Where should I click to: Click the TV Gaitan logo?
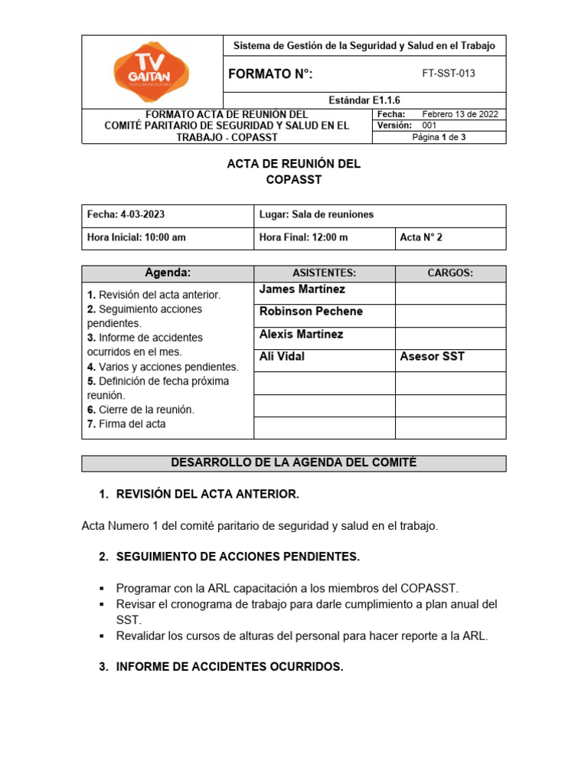point(152,73)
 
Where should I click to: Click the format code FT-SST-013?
point(453,73)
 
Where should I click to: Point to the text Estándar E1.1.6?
point(364,100)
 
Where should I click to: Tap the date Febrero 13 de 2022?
point(460,114)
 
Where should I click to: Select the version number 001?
point(430,125)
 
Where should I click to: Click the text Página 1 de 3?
point(439,137)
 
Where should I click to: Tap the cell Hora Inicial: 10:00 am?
point(137,237)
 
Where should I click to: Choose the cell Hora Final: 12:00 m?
point(304,237)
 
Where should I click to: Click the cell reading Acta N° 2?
point(421,237)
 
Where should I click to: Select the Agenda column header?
point(168,273)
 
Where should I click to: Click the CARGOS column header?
point(449,273)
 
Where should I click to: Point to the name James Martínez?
point(302,289)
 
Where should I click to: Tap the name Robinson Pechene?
point(311,312)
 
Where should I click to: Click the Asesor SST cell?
point(432,357)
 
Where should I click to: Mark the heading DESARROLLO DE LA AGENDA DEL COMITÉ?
point(293,462)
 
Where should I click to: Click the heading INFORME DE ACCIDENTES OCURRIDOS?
point(229,667)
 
